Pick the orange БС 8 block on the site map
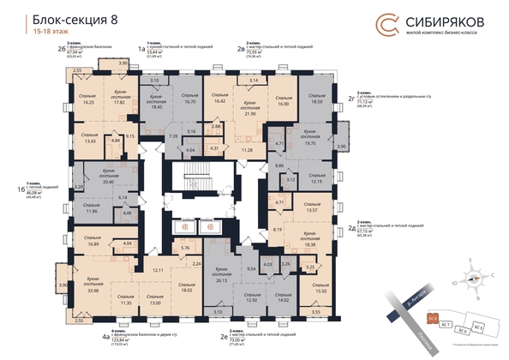434,318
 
